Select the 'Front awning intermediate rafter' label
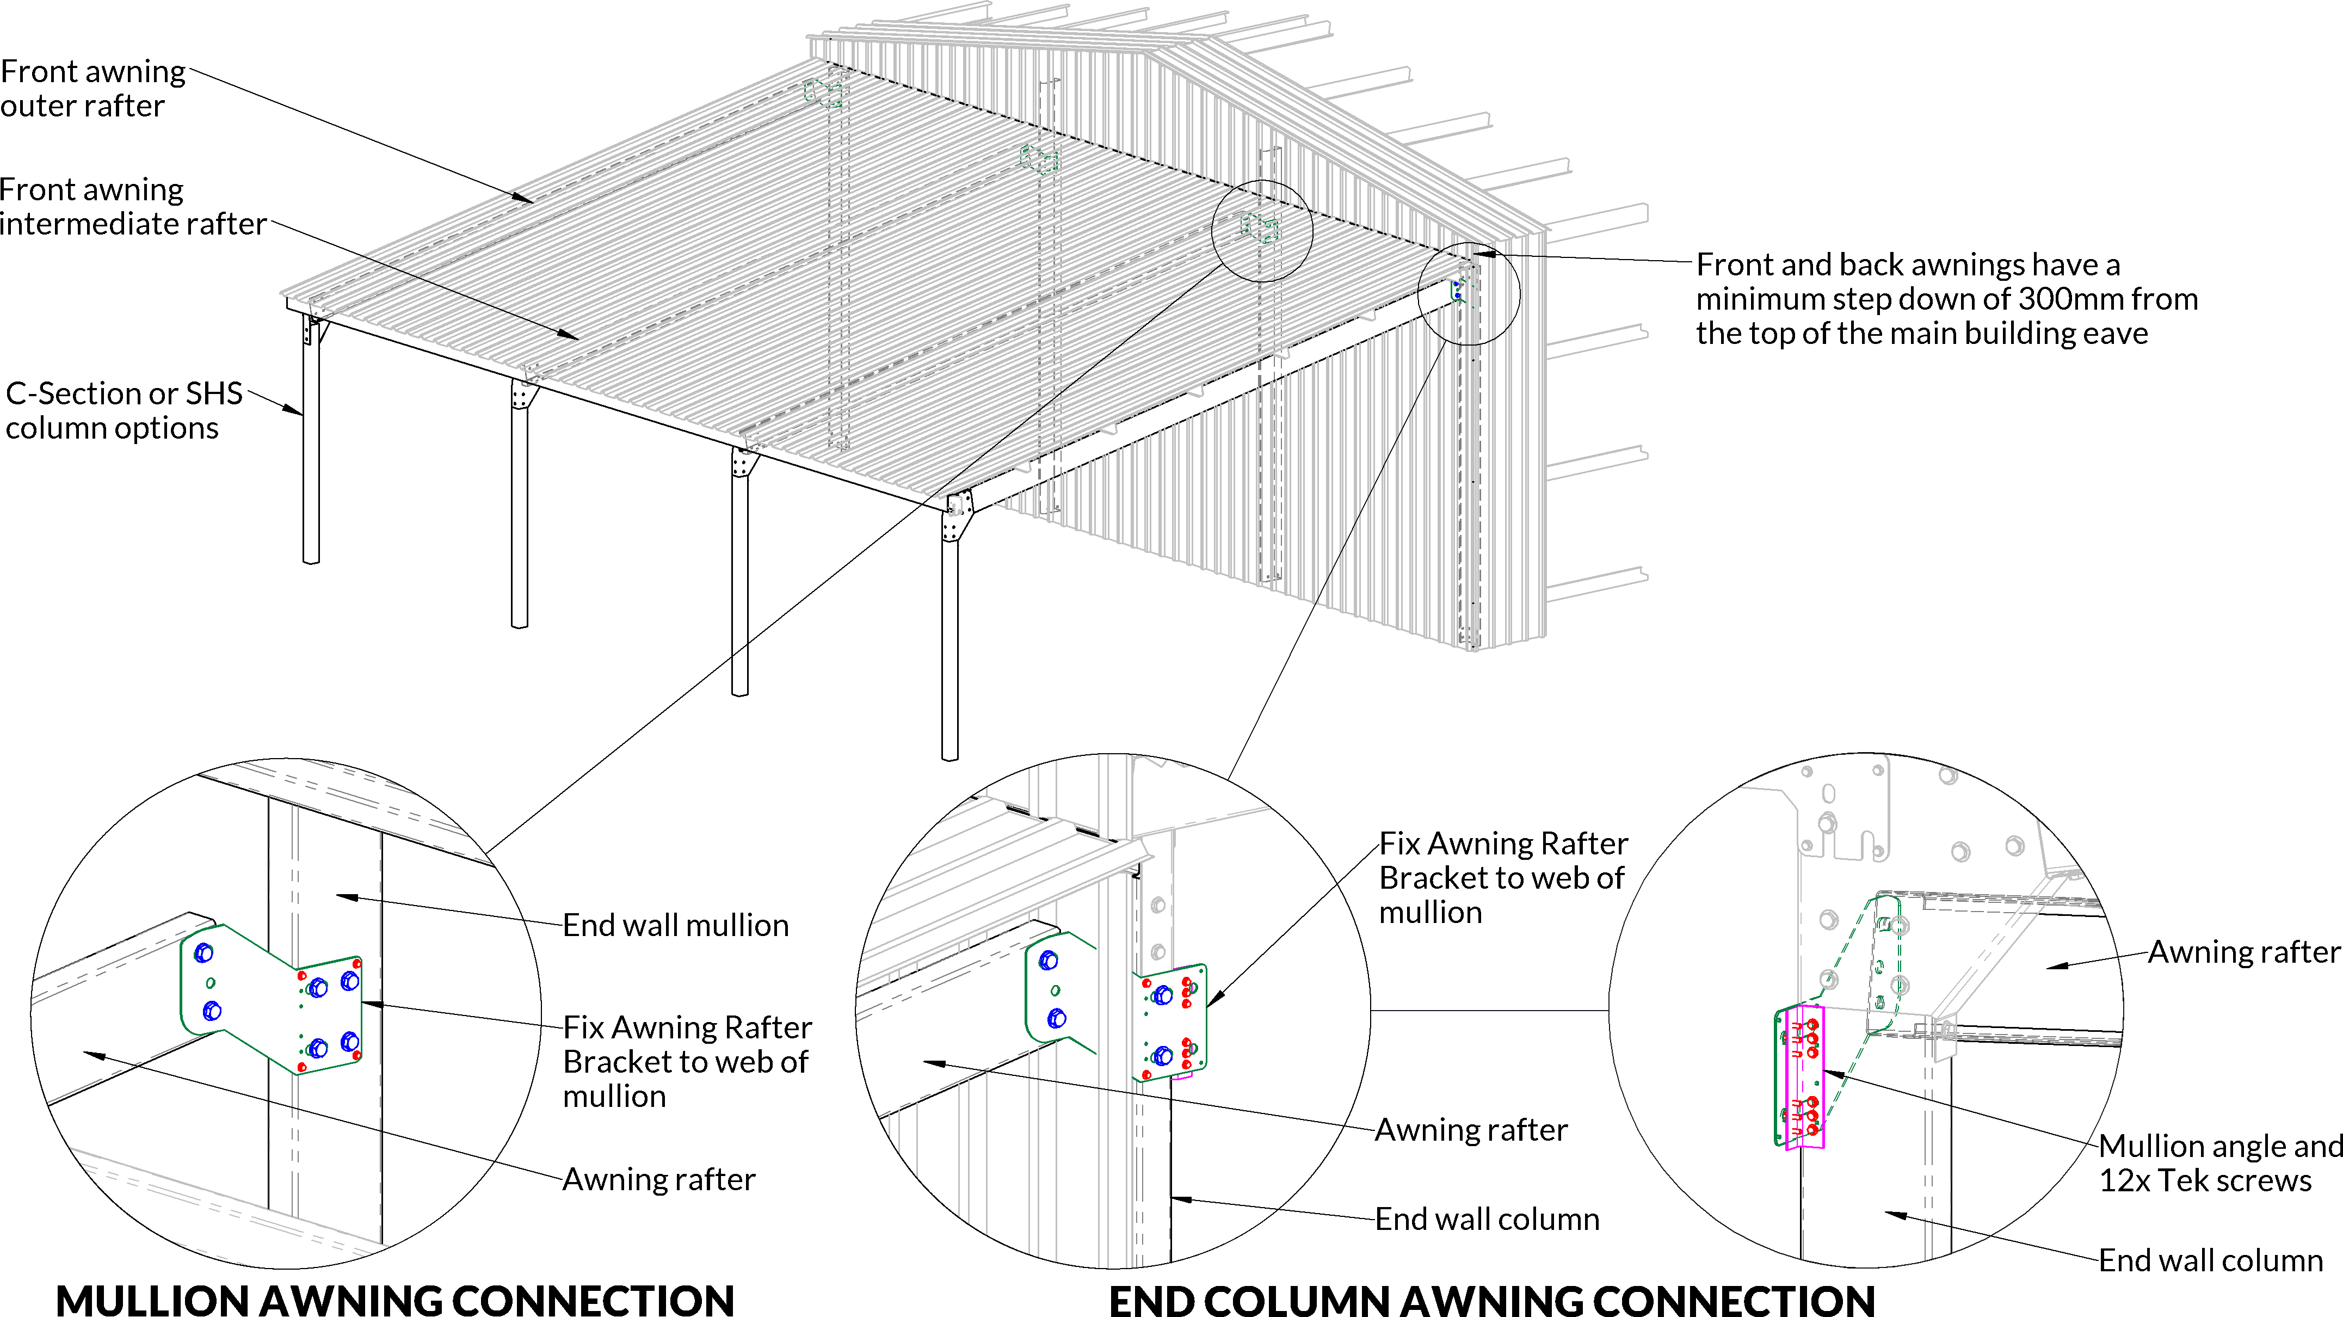(x=133, y=206)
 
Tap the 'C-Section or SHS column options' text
(x=124, y=410)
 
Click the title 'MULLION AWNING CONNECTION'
(x=394, y=1299)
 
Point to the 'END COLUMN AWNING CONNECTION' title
(x=1491, y=1299)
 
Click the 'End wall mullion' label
(x=675, y=925)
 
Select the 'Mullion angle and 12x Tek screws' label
(x=2219, y=1162)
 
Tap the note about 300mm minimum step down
(x=1946, y=298)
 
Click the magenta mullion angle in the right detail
(x=1804, y=1078)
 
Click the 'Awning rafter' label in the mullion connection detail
(x=658, y=1179)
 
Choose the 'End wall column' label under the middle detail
(x=1486, y=1219)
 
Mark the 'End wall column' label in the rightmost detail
(x=2210, y=1260)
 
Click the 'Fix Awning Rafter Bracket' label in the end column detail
(x=1502, y=878)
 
